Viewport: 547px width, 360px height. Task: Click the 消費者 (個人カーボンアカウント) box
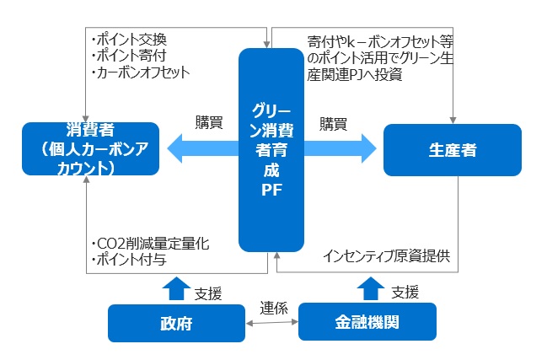point(90,149)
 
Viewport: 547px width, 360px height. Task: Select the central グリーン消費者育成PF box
point(271,149)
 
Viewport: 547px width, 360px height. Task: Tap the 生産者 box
point(452,149)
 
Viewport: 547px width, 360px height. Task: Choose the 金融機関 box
point(367,322)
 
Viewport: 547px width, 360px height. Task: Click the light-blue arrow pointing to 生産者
point(339,149)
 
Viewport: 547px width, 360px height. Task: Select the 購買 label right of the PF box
point(333,123)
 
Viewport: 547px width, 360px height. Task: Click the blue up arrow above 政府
point(175,287)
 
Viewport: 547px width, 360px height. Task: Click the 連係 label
point(273,307)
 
